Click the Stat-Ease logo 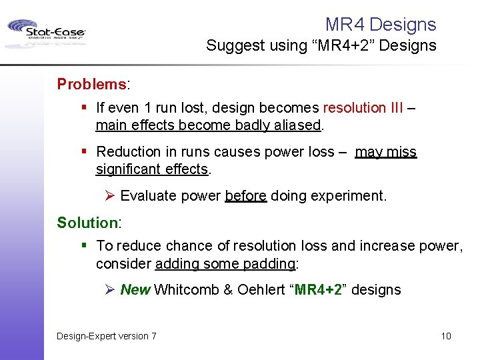click(x=46, y=33)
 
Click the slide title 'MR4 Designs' click(x=380, y=25)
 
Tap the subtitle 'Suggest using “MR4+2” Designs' click(x=321, y=46)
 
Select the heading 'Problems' click(x=91, y=84)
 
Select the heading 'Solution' click(x=87, y=223)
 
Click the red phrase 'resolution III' click(x=363, y=108)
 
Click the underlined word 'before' click(x=246, y=196)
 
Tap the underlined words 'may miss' click(x=385, y=152)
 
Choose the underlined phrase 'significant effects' click(x=152, y=169)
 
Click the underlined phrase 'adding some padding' click(x=225, y=264)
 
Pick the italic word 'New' click(x=135, y=290)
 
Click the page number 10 click(x=445, y=336)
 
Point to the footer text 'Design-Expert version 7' click(x=107, y=336)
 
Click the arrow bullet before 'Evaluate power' click(x=111, y=196)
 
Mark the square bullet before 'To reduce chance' click(x=85, y=246)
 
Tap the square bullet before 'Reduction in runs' click(x=85, y=152)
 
